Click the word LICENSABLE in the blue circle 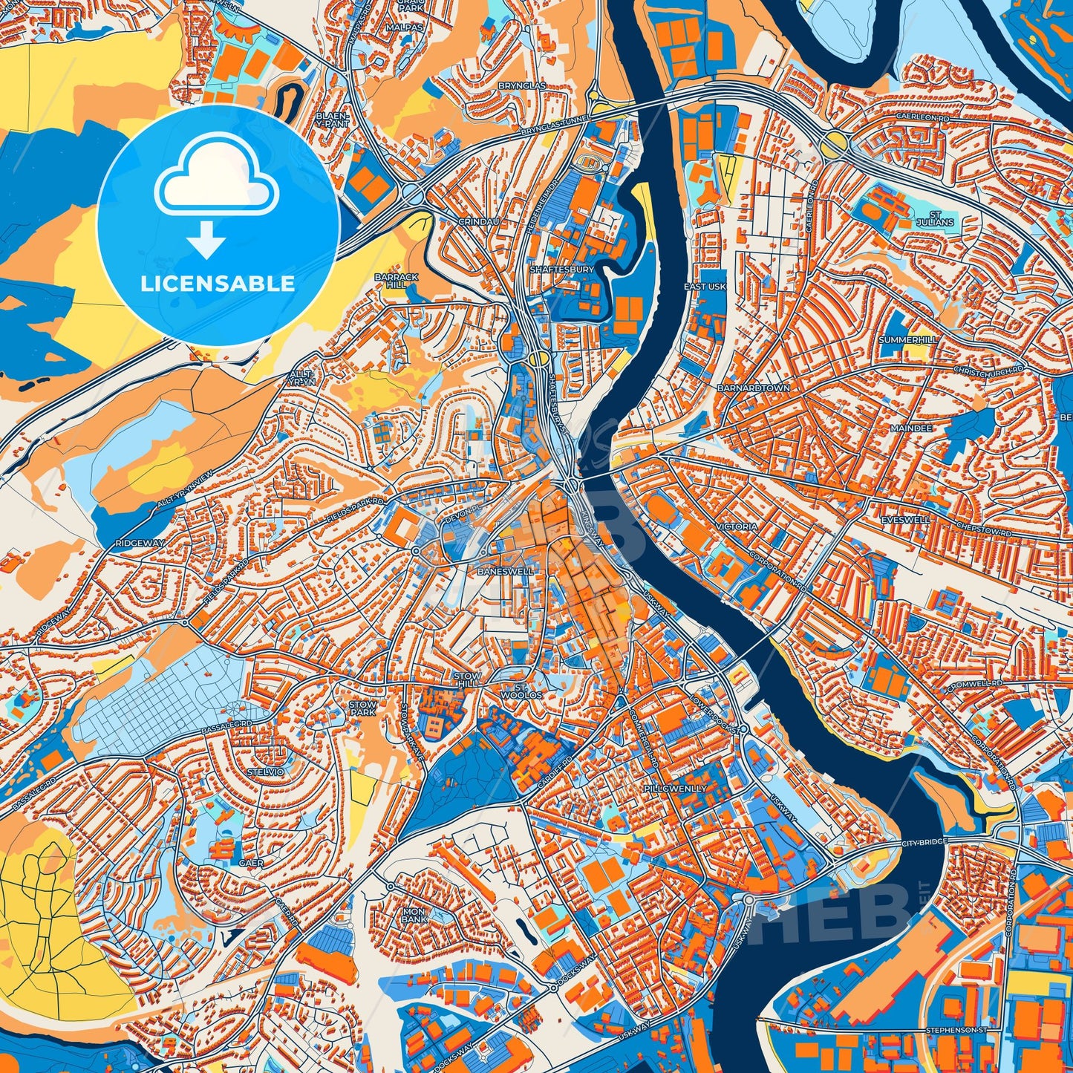(x=218, y=284)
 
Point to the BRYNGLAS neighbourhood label (x=521, y=86)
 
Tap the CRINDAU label (x=478, y=221)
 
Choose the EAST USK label (x=705, y=286)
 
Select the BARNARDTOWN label (x=753, y=388)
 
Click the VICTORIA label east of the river (x=737, y=526)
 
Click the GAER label (x=247, y=863)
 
